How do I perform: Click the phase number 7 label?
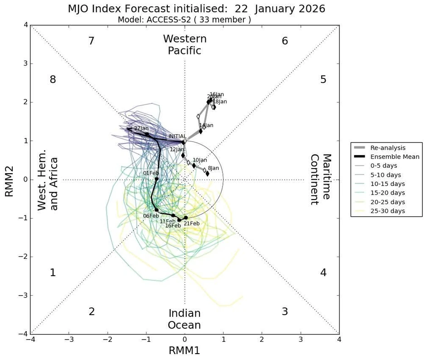click(x=91, y=41)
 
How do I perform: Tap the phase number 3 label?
click(x=285, y=311)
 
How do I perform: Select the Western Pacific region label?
click(x=184, y=45)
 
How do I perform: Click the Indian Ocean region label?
click(x=184, y=319)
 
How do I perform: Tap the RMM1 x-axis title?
click(x=184, y=350)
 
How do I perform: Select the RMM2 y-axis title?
click(x=10, y=180)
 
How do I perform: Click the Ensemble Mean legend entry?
click(x=395, y=157)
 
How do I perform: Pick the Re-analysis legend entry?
click(x=388, y=148)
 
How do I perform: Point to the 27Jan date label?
click(x=141, y=128)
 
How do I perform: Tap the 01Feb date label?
click(x=150, y=173)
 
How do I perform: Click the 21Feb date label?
click(x=192, y=224)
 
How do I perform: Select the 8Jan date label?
click(x=213, y=168)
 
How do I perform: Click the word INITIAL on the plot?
click(x=177, y=136)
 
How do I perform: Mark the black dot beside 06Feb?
click(x=157, y=210)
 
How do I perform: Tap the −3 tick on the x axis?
click(x=69, y=340)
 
